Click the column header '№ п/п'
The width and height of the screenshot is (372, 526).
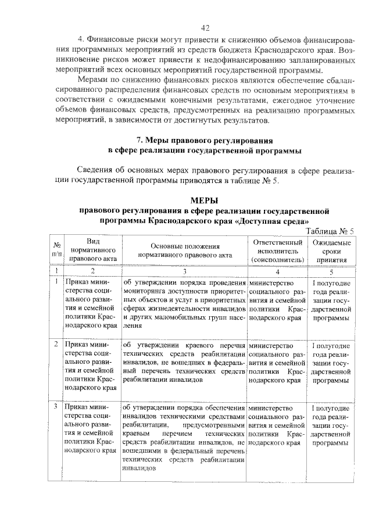[x=56, y=249]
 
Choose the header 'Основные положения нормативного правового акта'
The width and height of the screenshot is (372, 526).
[x=184, y=249]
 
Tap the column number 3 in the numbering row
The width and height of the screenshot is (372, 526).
[x=184, y=270]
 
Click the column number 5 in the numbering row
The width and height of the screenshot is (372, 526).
[x=331, y=270]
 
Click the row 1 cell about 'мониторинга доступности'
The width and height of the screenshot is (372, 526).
[x=184, y=304]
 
